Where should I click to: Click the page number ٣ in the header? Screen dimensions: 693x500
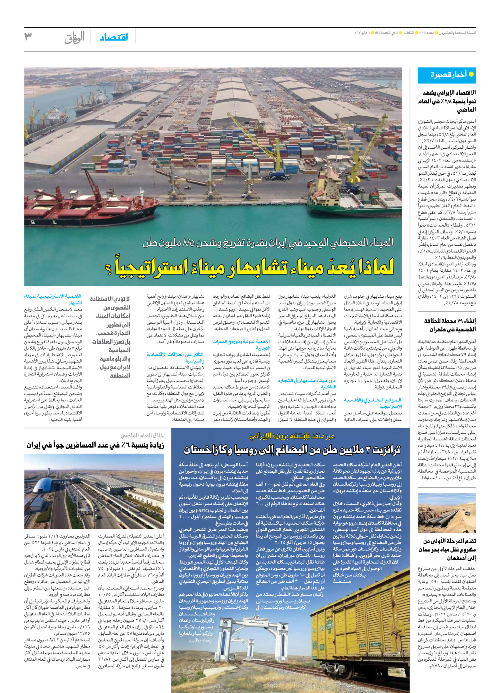point(28,36)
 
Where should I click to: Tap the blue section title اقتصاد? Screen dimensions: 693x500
point(114,37)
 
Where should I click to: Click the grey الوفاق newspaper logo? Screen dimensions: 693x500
point(74,37)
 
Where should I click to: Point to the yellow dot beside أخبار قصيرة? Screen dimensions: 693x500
point(471,74)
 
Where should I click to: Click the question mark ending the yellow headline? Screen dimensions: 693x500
point(109,268)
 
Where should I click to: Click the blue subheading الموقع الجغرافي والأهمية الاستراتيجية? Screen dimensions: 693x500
point(373,403)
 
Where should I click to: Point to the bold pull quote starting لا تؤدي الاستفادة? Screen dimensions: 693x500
point(111,337)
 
